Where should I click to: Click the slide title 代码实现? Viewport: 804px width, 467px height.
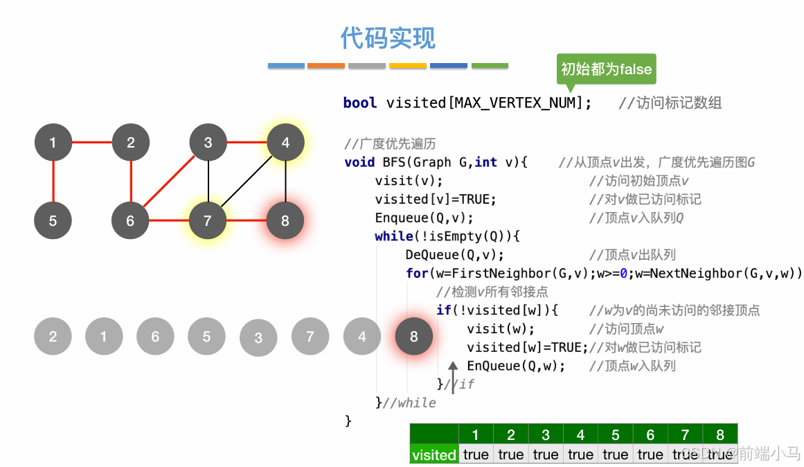coord(388,38)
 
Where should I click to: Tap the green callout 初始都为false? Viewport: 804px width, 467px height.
coord(606,69)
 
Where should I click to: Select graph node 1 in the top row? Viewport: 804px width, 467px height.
coord(53,143)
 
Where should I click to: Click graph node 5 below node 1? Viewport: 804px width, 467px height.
coord(53,221)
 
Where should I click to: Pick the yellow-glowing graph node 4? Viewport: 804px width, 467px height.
coord(285,143)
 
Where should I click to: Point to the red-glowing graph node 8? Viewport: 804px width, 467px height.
coord(285,221)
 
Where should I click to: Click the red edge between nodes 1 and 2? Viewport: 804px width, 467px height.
coord(92,143)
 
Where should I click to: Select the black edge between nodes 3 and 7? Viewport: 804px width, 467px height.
coord(208,182)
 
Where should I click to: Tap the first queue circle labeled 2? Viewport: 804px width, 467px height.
coord(53,337)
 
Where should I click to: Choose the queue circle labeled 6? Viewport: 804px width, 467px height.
coord(155,337)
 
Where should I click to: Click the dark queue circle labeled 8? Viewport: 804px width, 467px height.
coord(413,337)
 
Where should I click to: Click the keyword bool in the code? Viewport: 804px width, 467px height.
coord(360,103)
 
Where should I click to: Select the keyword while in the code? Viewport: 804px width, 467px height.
coord(394,236)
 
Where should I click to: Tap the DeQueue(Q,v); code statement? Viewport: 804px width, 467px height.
coord(454,254)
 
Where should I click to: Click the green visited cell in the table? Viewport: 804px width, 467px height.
coord(434,455)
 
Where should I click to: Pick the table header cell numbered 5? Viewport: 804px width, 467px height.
coord(615,434)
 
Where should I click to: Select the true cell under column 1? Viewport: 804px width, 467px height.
coord(476,455)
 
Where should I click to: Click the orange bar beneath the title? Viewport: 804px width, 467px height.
coord(325,66)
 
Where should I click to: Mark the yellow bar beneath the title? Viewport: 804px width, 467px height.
coord(407,66)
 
